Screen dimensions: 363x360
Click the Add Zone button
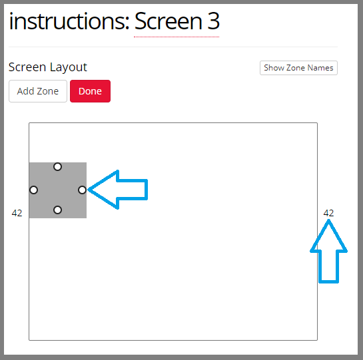point(38,91)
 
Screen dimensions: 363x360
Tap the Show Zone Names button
point(298,68)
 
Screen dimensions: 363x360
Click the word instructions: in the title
point(69,21)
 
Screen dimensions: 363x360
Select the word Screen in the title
point(169,21)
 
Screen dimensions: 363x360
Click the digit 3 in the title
point(213,21)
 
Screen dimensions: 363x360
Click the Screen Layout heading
point(48,67)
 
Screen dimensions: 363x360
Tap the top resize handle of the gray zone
point(57,166)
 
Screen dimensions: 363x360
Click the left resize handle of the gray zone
point(34,190)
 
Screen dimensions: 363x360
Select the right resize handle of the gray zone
point(82,190)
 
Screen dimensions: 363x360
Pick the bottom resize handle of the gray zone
point(57,210)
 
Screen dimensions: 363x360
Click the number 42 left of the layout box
point(17,213)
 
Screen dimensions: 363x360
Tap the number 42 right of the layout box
point(328,213)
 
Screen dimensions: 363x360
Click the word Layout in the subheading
point(69,67)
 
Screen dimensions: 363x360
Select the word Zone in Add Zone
point(48,91)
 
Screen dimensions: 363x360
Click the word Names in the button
point(320,68)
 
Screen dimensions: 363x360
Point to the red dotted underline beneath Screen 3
point(177,37)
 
